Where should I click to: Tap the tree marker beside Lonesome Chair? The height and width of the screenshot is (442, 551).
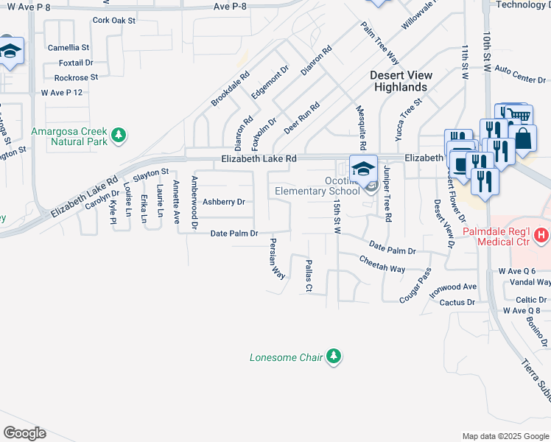334,357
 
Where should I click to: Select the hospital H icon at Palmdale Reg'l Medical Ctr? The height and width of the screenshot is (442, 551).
542,236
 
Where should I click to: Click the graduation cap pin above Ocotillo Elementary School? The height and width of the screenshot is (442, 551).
362,169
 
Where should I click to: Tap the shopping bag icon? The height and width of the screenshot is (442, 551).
522,139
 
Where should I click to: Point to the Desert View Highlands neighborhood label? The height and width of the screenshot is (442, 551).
398,81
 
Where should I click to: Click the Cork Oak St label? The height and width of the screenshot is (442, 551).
113,21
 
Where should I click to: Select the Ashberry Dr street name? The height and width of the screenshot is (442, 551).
223,201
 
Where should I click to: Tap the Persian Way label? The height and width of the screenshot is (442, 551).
277,258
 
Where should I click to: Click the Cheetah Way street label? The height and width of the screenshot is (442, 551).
382,264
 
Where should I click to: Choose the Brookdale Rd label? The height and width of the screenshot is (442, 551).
231,88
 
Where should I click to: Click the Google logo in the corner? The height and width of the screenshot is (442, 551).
24,433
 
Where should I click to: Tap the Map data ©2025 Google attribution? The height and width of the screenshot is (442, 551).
505,436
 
